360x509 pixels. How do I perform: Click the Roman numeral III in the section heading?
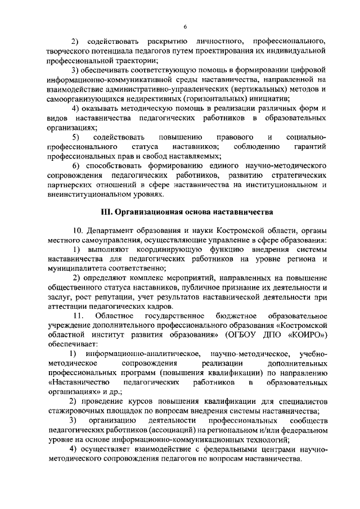[x=105, y=212]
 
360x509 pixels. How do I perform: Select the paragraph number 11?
[x=79, y=316]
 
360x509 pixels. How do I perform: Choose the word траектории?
[x=133, y=60]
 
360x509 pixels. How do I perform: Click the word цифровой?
[x=309, y=70]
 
